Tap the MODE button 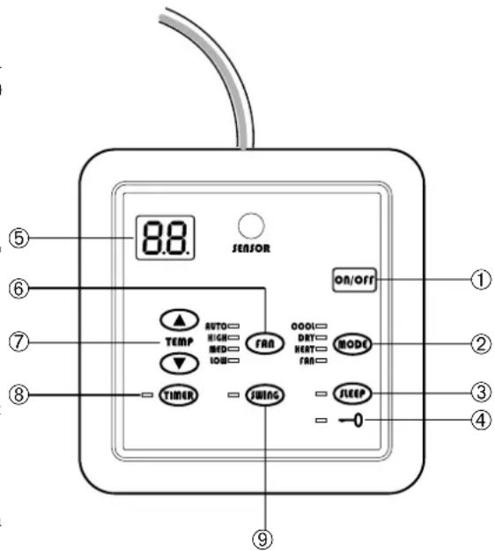coord(354,343)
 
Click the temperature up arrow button coord(178,321)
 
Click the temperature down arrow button coord(178,362)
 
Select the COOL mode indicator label coord(304,325)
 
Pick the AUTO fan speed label coord(216,325)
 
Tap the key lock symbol coord(352,421)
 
